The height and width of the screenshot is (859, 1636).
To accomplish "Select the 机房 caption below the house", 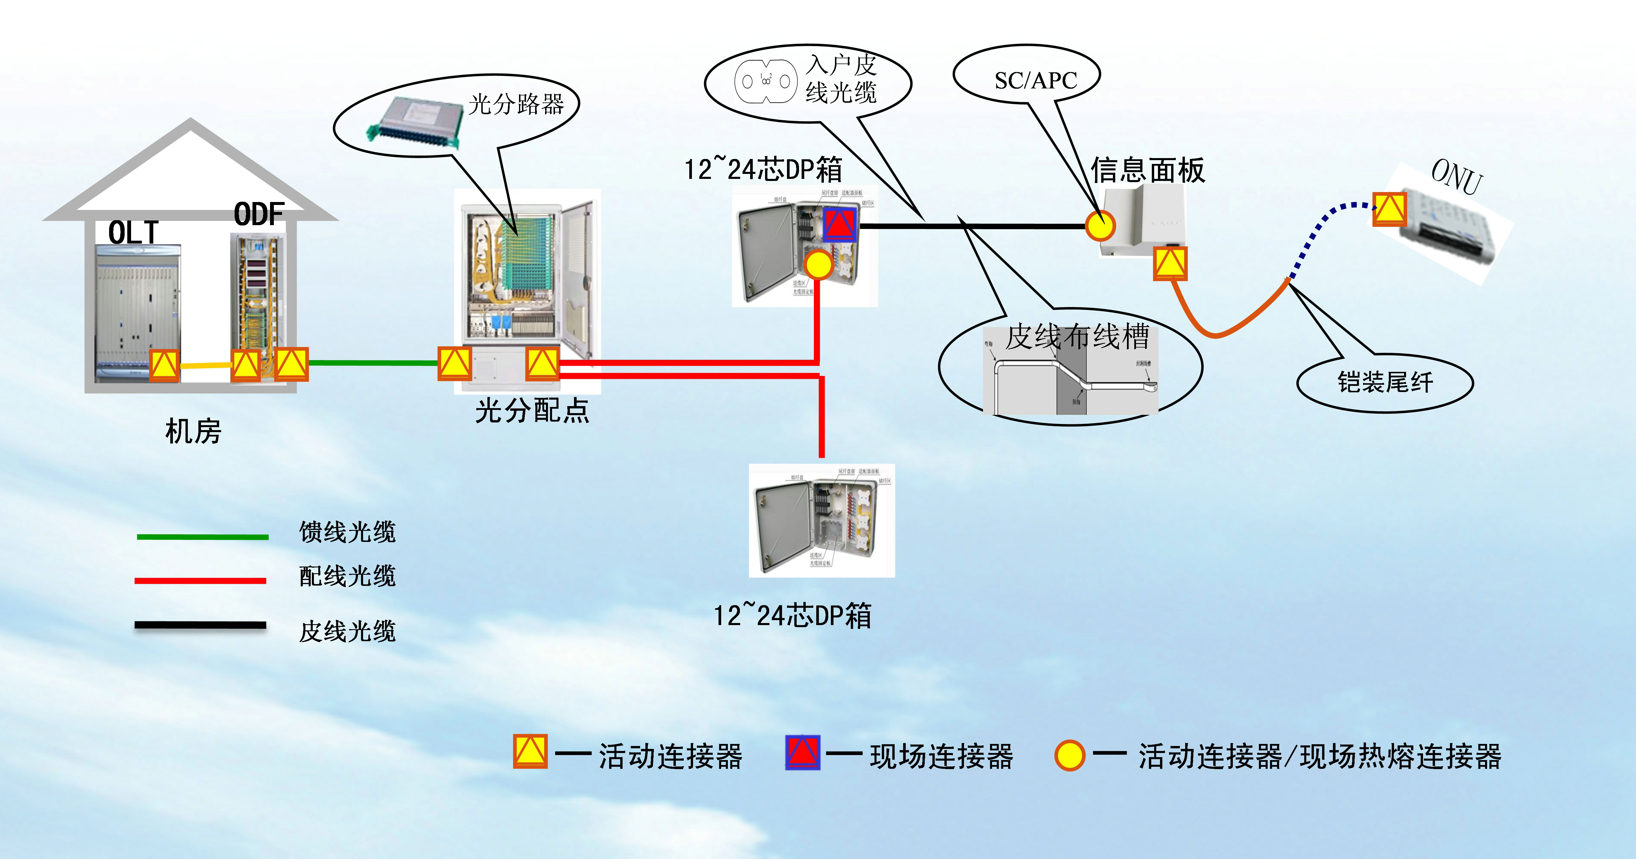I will point(193,432).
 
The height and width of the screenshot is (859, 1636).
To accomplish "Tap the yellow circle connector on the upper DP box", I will point(819,264).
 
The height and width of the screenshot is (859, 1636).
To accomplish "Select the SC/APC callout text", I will point(1036,81).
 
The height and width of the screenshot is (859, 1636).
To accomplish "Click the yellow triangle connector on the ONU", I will point(1390,209).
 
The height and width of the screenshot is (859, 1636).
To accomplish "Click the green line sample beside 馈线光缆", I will point(202,537).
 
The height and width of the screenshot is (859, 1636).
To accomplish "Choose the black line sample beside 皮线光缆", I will point(200,625).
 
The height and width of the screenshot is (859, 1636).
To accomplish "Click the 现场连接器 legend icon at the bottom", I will point(802,752).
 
